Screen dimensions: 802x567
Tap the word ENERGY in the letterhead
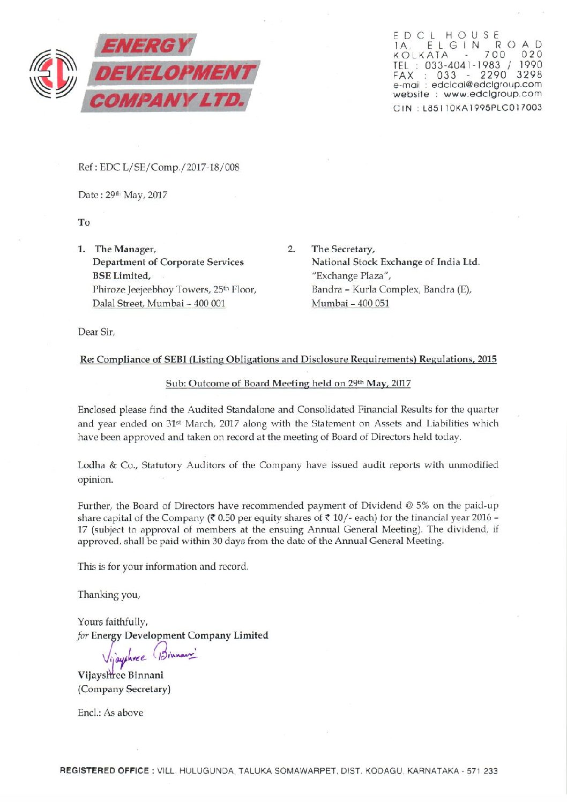click(x=145, y=46)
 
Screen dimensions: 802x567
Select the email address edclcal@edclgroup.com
click(x=486, y=85)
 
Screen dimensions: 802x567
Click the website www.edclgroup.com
click(x=493, y=94)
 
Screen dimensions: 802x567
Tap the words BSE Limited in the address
click(x=121, y=276)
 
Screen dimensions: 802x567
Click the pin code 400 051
click(x=373, y=303)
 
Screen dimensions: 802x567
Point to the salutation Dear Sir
click(x=96, y=332)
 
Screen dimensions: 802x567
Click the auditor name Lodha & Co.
click(x=107, y=465)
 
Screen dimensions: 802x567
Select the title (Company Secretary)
click(x=124, y=689)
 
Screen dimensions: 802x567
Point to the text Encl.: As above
click(x=110, y=713)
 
